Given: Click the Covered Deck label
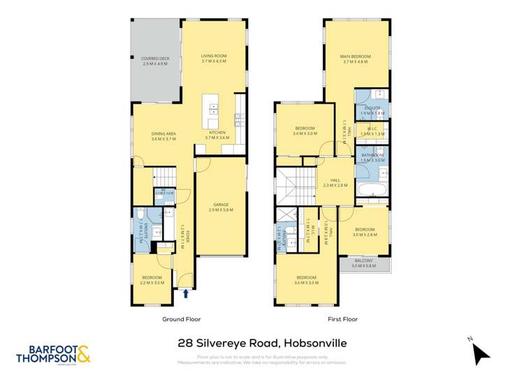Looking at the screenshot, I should (x=155, y=61).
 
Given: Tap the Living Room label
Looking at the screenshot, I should (x=214, y=59).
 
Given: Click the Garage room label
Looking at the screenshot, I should (x=221, y=207).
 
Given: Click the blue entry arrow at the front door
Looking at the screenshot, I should (x=185, y=293).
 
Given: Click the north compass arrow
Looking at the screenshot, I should (x=480, y=353).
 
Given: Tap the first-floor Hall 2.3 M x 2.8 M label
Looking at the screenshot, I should (x=335, y=184).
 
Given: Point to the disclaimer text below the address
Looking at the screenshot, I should (x=261, y=359).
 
